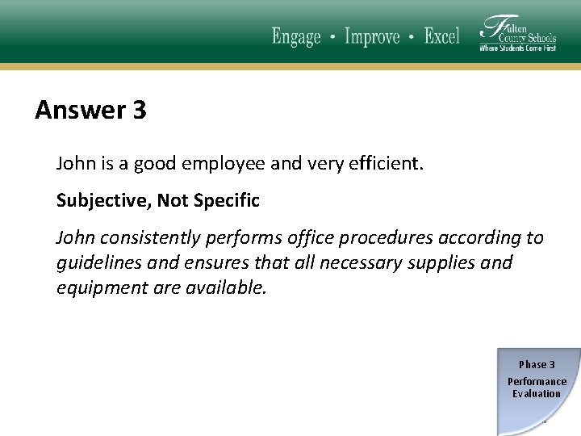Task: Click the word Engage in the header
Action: click(x=296, y=36)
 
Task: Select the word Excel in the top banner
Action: click(x=442, y=36)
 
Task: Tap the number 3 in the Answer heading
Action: click(x=138, y=110)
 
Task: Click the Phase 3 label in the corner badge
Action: click(x=537, y=365)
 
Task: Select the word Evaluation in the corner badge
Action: click(x=537, y=394)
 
